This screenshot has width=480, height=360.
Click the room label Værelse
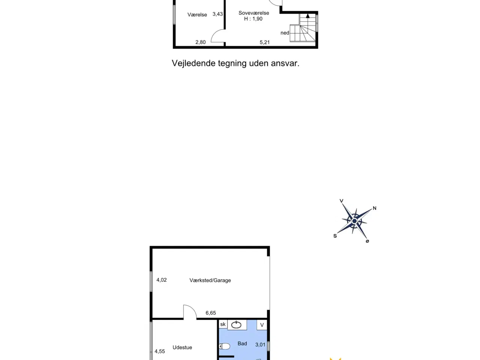[197, 15]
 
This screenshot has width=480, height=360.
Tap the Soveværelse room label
[254, 13]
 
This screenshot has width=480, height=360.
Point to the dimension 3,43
[217, 14]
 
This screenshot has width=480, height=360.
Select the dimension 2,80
[201, 42]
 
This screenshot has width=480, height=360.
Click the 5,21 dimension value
[265, 42]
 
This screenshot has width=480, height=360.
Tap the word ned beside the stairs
[285, 33]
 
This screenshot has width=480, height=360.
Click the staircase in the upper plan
[307, 29]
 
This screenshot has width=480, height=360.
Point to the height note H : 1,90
[253, 19]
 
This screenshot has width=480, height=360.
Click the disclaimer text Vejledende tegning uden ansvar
[235, 63]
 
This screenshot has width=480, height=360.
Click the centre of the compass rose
[354, 221]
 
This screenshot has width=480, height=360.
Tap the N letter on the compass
[375, 208]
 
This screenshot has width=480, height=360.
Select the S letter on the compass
[335, 236]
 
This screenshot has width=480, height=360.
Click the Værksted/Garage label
[210, 280]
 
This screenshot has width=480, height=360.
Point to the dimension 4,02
[162, 280]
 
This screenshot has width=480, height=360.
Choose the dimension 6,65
[211, 313]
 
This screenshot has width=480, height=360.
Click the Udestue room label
[182, 348]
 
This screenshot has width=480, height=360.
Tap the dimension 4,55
[160, 351]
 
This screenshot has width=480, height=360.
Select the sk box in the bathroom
[223, 324]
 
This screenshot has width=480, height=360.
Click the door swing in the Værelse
[218, 37]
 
